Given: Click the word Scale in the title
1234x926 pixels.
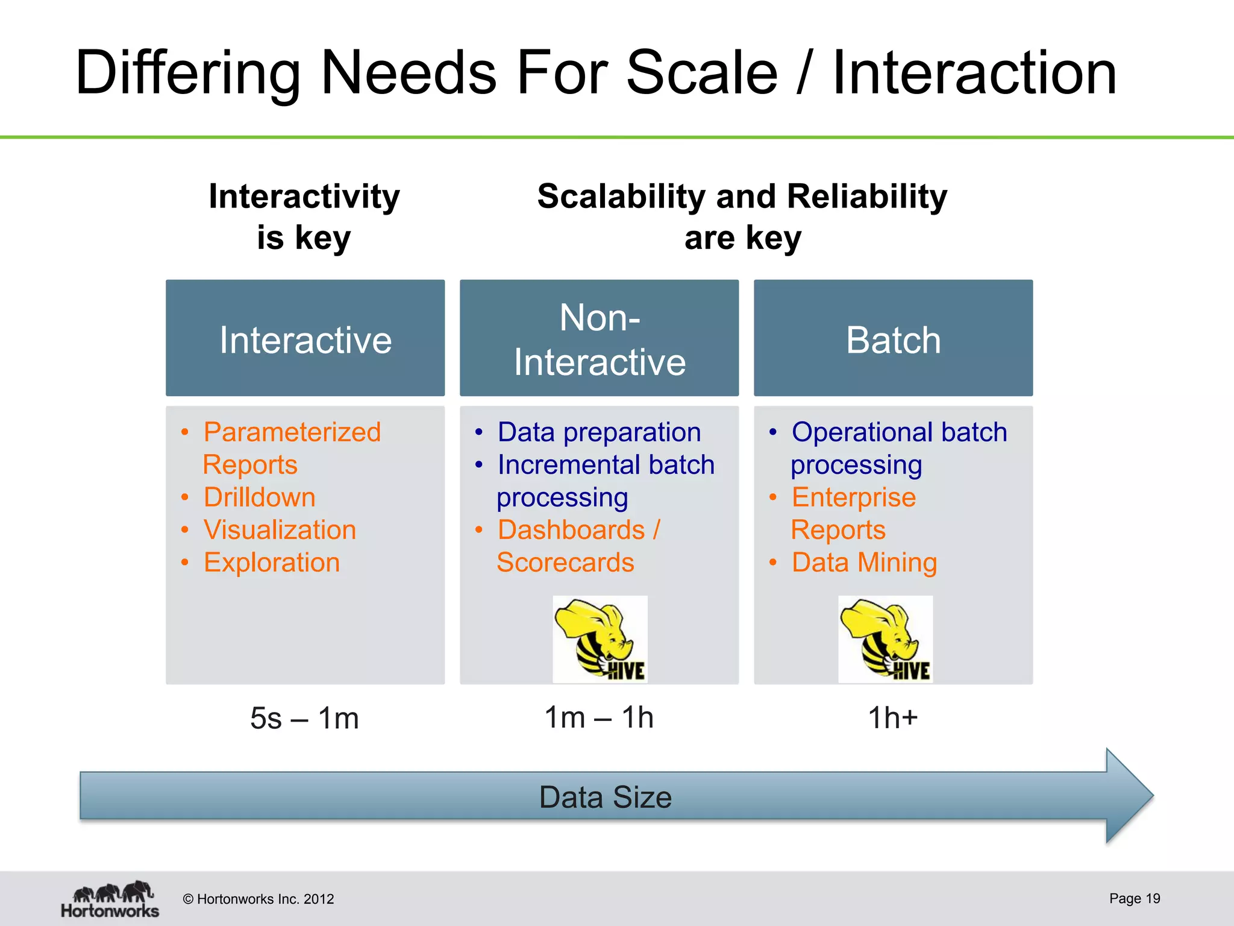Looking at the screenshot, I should coord(702,74).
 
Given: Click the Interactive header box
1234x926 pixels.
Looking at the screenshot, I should coord(305,338).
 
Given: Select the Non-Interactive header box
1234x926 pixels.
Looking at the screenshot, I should coord(599,338).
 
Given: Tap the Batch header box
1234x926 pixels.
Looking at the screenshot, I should coord(893,338).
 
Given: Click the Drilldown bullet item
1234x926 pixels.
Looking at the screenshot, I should coord(259,497).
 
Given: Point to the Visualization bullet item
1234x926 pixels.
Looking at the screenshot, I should coord(280,530).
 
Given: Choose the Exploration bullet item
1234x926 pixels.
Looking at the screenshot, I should coord(272,562).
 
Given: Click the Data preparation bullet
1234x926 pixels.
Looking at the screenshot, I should coord(599,432).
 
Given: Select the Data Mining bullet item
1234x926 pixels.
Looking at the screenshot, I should coord(864,562).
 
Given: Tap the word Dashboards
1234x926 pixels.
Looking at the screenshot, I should coord(571,530).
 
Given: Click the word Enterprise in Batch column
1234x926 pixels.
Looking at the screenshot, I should coord(853,497).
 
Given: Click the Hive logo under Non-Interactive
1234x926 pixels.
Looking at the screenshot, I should coord(600,639).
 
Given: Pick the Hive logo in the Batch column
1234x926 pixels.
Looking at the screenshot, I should coord(885,639).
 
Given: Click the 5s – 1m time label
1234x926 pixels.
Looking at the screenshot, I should coord(304,718).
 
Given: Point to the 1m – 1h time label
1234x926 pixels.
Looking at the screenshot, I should coord(598,717).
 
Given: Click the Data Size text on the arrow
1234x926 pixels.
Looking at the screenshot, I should coord(605,797).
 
